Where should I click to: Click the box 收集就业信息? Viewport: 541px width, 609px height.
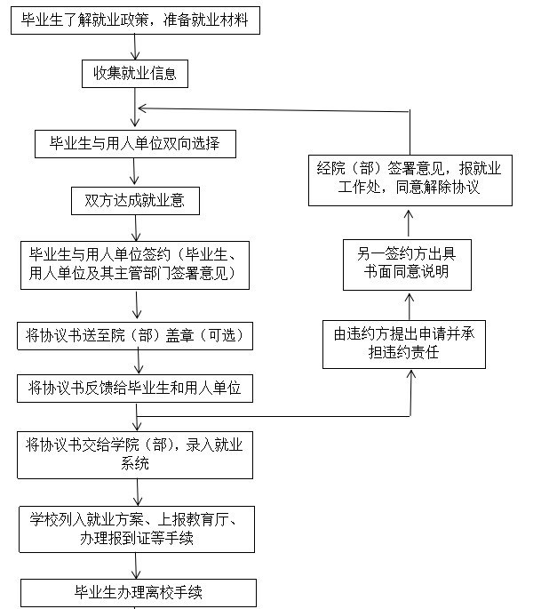coord(135,74)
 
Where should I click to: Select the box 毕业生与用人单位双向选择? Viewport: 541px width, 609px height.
coord(135,144)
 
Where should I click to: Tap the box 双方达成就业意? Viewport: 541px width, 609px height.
coord(135,201)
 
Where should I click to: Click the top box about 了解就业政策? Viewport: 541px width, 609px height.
coord(135,20)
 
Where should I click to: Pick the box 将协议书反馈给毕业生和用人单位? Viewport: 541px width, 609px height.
coord(135,388)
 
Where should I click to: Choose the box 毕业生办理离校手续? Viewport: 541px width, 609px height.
coord(139,593)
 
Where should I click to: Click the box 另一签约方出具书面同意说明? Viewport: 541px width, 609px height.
coord(407,265)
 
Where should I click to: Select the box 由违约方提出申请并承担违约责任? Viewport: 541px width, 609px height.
coord(404,344)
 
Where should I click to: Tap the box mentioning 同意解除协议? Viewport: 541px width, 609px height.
coord(410,180)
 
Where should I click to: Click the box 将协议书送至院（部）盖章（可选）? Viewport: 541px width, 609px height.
coord(135,335)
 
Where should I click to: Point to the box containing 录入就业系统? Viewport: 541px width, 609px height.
coord(135,455)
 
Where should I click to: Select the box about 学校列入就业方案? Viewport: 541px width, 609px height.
coord(137,529)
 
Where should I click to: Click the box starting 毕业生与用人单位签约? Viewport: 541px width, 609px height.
coord(135,265)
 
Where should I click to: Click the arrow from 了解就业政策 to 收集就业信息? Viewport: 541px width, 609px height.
coord(135,46)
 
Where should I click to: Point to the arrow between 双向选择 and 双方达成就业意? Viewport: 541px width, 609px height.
coord(134,172)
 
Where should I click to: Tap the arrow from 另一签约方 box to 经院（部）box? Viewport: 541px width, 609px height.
coord(409,223)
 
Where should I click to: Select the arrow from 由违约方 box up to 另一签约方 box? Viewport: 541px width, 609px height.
coord(409,307)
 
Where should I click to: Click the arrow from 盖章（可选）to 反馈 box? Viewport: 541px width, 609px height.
coord(139,361)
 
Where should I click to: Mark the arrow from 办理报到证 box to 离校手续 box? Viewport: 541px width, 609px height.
coord(136,566)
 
